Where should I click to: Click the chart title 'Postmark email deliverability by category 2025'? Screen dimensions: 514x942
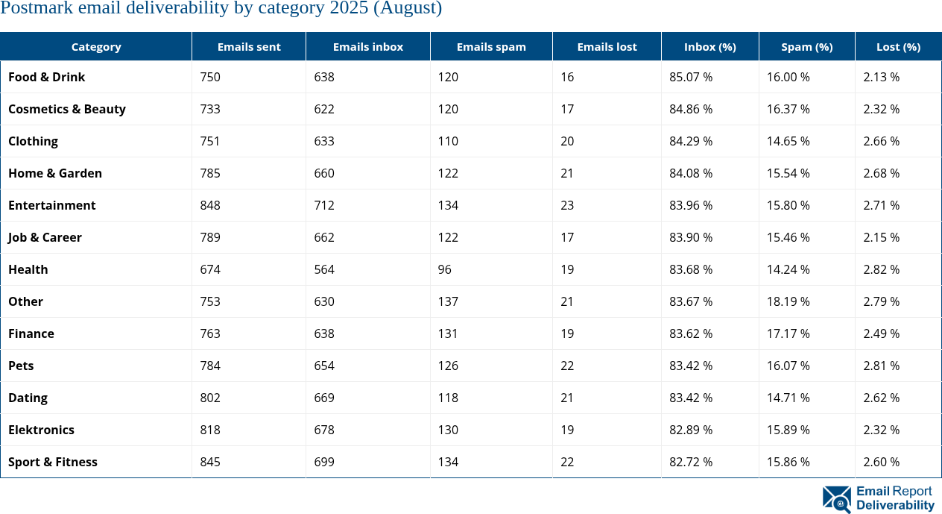(x=221, y=9)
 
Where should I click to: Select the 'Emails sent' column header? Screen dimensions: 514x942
(x=249, y=46)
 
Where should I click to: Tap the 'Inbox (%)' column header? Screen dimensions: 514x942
(x=709, y=46)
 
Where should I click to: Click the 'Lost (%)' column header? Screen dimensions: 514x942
(x=898, y=46)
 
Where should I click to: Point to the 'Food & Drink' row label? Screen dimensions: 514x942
(x=47, y=77)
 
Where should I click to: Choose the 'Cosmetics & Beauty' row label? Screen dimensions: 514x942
(x=67, y=109)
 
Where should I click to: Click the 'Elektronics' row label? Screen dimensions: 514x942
(x=41, y=430)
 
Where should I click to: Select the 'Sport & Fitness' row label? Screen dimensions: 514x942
(x=53, y=462)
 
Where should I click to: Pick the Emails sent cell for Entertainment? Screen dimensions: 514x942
(x=210, y=205)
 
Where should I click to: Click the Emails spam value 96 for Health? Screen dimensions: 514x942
(x=444, y=269)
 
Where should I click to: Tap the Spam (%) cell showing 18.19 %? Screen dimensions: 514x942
(x=788, y=301)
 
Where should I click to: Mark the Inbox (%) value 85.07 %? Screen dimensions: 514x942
(x=691, y=77)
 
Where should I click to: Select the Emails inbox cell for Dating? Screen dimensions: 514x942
(x=324, y=398)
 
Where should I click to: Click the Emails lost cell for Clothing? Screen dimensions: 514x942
(x=567, y=141)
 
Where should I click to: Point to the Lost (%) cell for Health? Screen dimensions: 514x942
(x=881, y=269)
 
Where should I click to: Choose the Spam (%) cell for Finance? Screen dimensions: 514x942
(x=788, y=333)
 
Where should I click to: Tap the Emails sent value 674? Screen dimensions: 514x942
(x=210, y=269)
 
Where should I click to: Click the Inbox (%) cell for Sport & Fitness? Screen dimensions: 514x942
(x=691, y=462)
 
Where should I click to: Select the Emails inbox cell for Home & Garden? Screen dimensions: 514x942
(x=324, y=173)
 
